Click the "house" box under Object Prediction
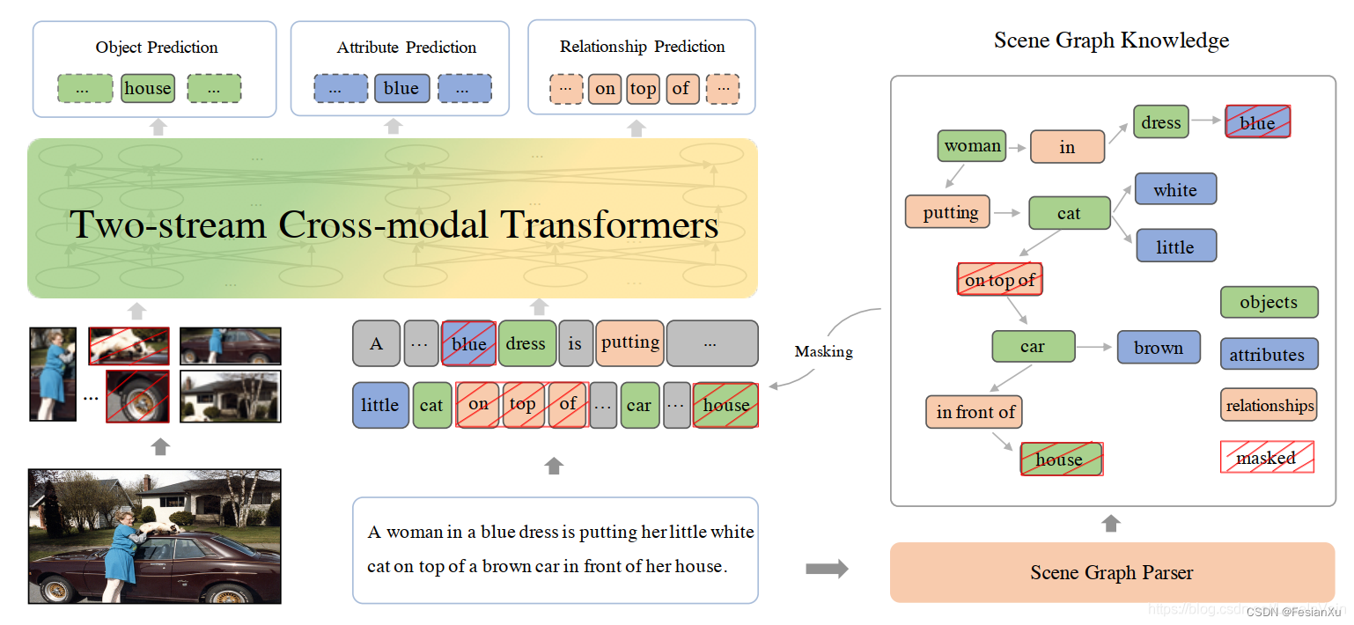(x=147, y=88)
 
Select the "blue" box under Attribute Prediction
(x=401, y=88)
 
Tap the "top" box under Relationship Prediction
(x=643, y=88)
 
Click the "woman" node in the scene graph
(x=972, y=145)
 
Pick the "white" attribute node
(x=1175, y=190)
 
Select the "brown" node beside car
(x=1159, y=348)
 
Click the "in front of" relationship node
(x=975, y=412)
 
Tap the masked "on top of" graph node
(x=999, y=280)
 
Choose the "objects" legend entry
(x=1269, y=302)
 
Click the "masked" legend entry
(x=1267, y=458)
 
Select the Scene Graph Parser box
(x=1112, y=572)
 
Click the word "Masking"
(x=823, y=351)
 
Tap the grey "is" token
(x=575, y=343)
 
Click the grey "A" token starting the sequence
(x=376, y=343)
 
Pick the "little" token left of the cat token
(x=380, y=405)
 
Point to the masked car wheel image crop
(x=137, y=396)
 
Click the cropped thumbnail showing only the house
(x=230, y=396)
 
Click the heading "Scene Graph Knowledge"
(x=1111, y=40)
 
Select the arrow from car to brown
(x=1096, y=348)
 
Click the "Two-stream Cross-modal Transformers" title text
(x=394, y=225)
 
